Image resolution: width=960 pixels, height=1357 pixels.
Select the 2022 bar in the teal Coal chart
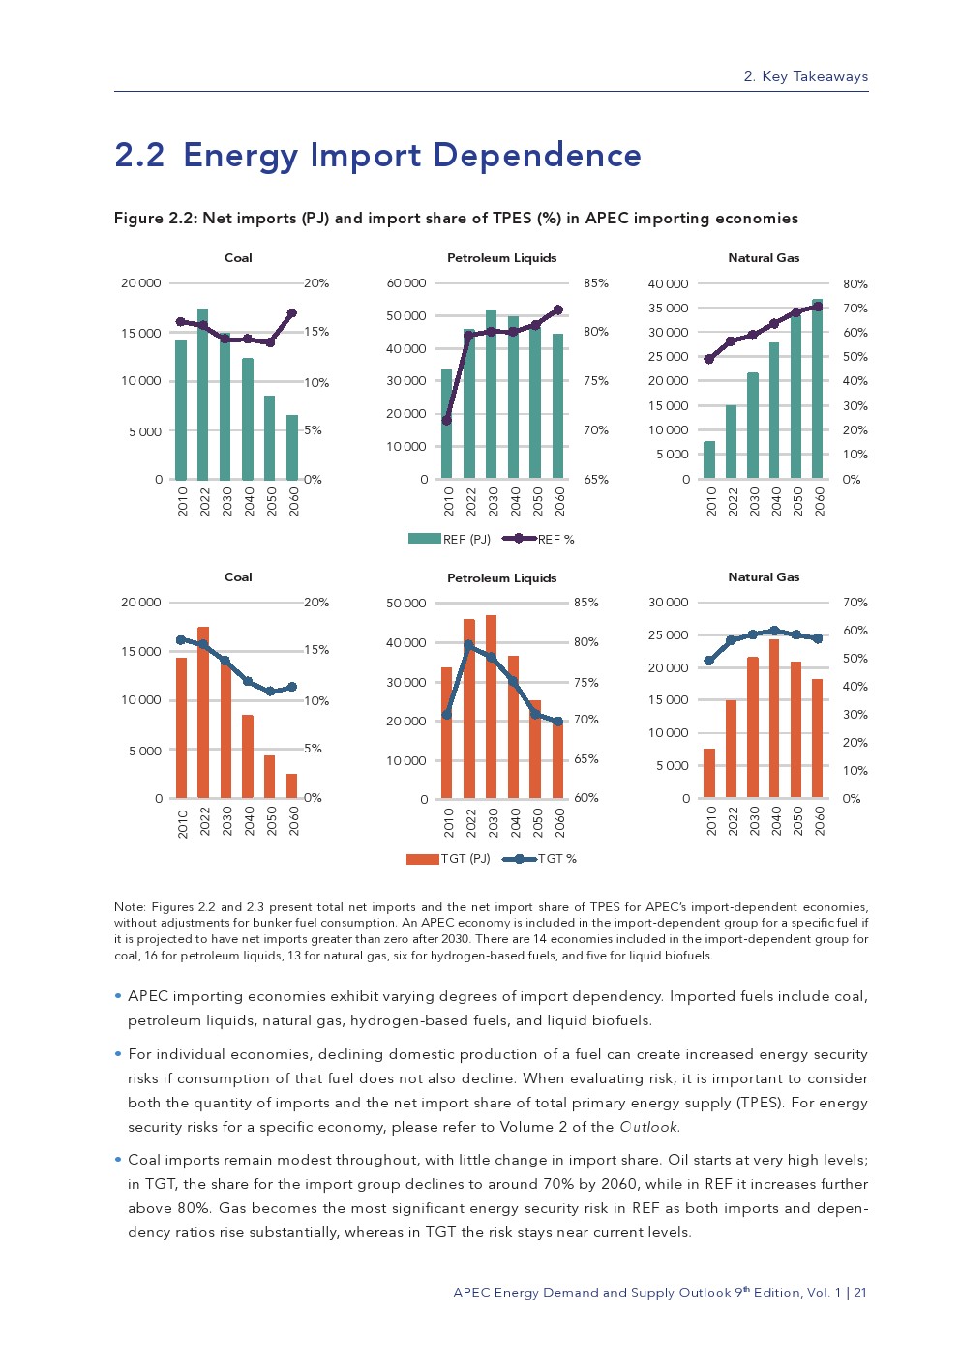coord(203,397)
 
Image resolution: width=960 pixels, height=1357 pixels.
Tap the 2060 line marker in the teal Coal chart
coord(292,312)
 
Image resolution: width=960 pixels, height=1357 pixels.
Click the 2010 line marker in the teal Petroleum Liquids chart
coord(446,421)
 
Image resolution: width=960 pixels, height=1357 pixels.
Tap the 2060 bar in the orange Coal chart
coord(292,786)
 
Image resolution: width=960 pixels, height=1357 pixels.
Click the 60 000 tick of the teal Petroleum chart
coord(406,283)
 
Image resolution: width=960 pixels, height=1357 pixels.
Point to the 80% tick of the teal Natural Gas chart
coord(855,284)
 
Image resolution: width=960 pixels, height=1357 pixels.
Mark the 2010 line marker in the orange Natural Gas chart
coord(709,661)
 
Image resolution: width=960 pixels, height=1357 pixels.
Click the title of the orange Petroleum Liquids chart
coord(501,578)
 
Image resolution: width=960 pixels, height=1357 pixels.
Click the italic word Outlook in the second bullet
coord(649,1127)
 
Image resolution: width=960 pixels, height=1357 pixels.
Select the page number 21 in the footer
coord(860,1293)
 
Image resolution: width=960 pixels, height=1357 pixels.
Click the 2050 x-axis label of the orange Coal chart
coord(271,821)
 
